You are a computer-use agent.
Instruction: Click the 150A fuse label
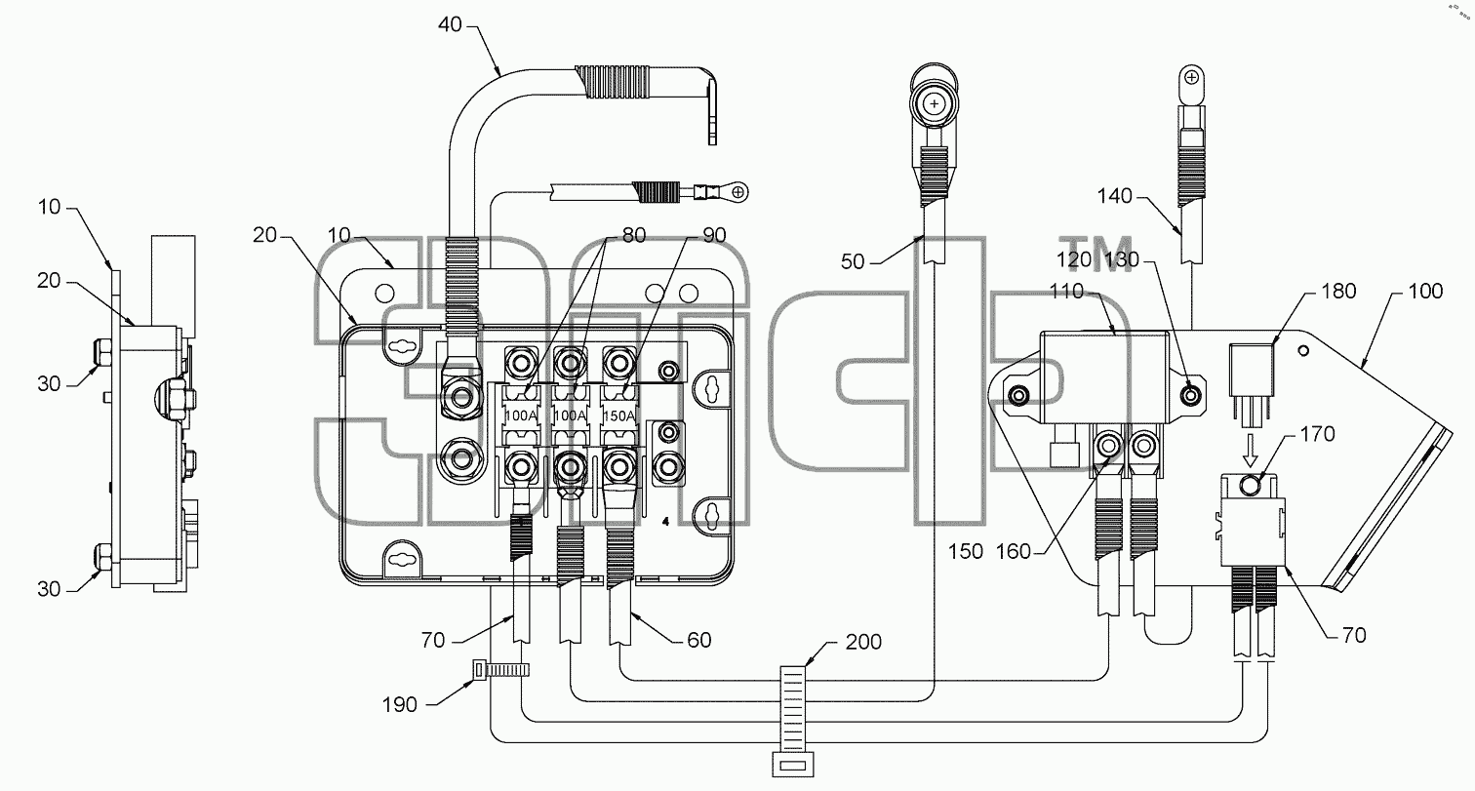pyautogui.click(x=618, y=416)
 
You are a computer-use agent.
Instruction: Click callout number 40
pyautogui.click(x=451, y=25)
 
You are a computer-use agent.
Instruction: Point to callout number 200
pyautogui.click(x=863, y=642)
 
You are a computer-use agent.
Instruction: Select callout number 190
pyautogui.click(x=400, y=705)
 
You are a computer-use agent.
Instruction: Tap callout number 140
pyautogui.click(x=1115, y=196)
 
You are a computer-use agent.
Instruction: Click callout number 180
pyautogui.click(x=1338, y=291)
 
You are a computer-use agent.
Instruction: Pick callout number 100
pyautogui.click(x=1425, y=291)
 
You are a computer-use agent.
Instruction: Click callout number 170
pyautogui.click(x=1318, y=434)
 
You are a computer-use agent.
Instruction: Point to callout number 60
pyautogui.click(x=699, y=640)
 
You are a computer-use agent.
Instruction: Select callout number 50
pyautogui.click(x=853, y=262)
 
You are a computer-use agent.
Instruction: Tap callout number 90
pyautogui.click(x=714, y=235)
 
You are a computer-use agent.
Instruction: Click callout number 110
pyautogui.click(x=1067, y=291)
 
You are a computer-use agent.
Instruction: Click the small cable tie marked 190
pyautogui.click(x=501, y=670)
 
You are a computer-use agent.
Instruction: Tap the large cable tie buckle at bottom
pyautogui.click(x=793, y=765)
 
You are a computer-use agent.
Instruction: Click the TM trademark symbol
pyautogui.click(x=1096, y=255)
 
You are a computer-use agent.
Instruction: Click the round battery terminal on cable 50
pyautogui.click(x=934, y=103)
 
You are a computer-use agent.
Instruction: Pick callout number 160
pyautogui.click(x=1014, y=551)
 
